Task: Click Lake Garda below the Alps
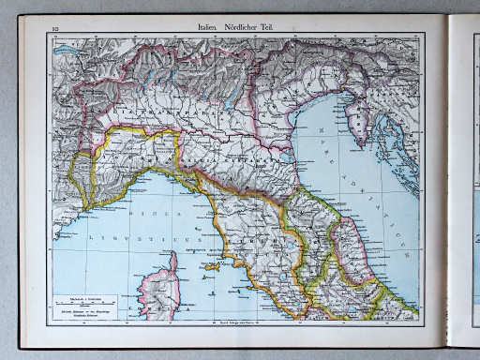click(225, 99)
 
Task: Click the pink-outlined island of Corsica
click(159, 286)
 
